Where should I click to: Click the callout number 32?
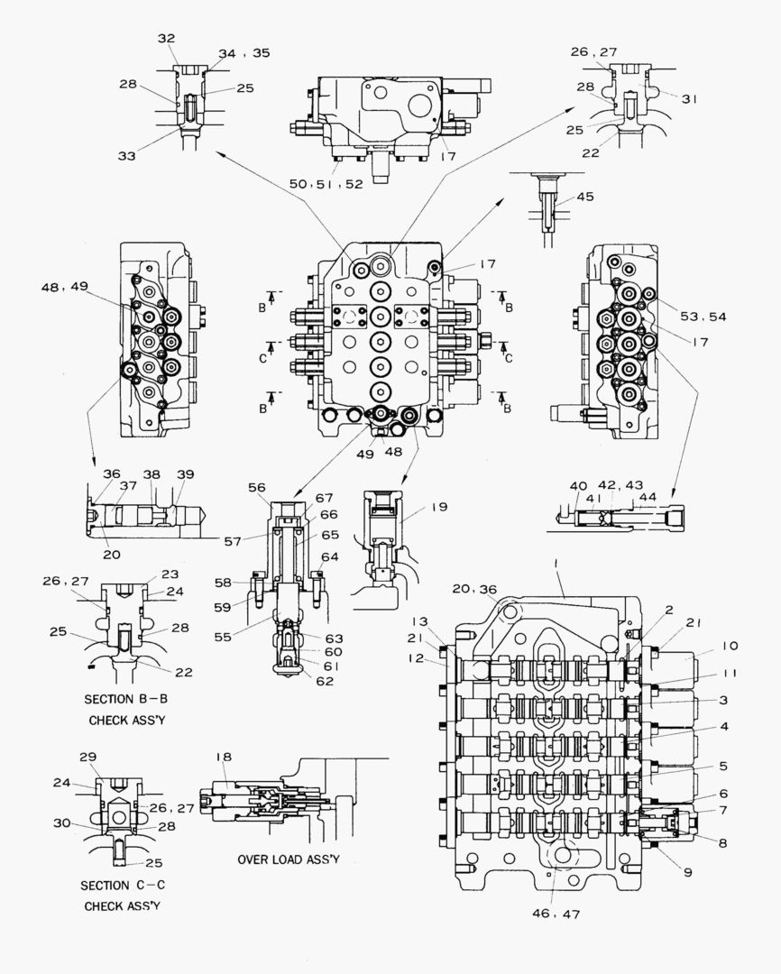(167, 39)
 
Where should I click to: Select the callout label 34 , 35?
(243, 53)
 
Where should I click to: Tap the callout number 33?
(127, 156)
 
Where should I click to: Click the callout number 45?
(585, 198)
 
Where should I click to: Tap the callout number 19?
(438, 508)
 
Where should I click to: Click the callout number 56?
(257, 487)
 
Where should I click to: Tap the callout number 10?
(730, 646)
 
